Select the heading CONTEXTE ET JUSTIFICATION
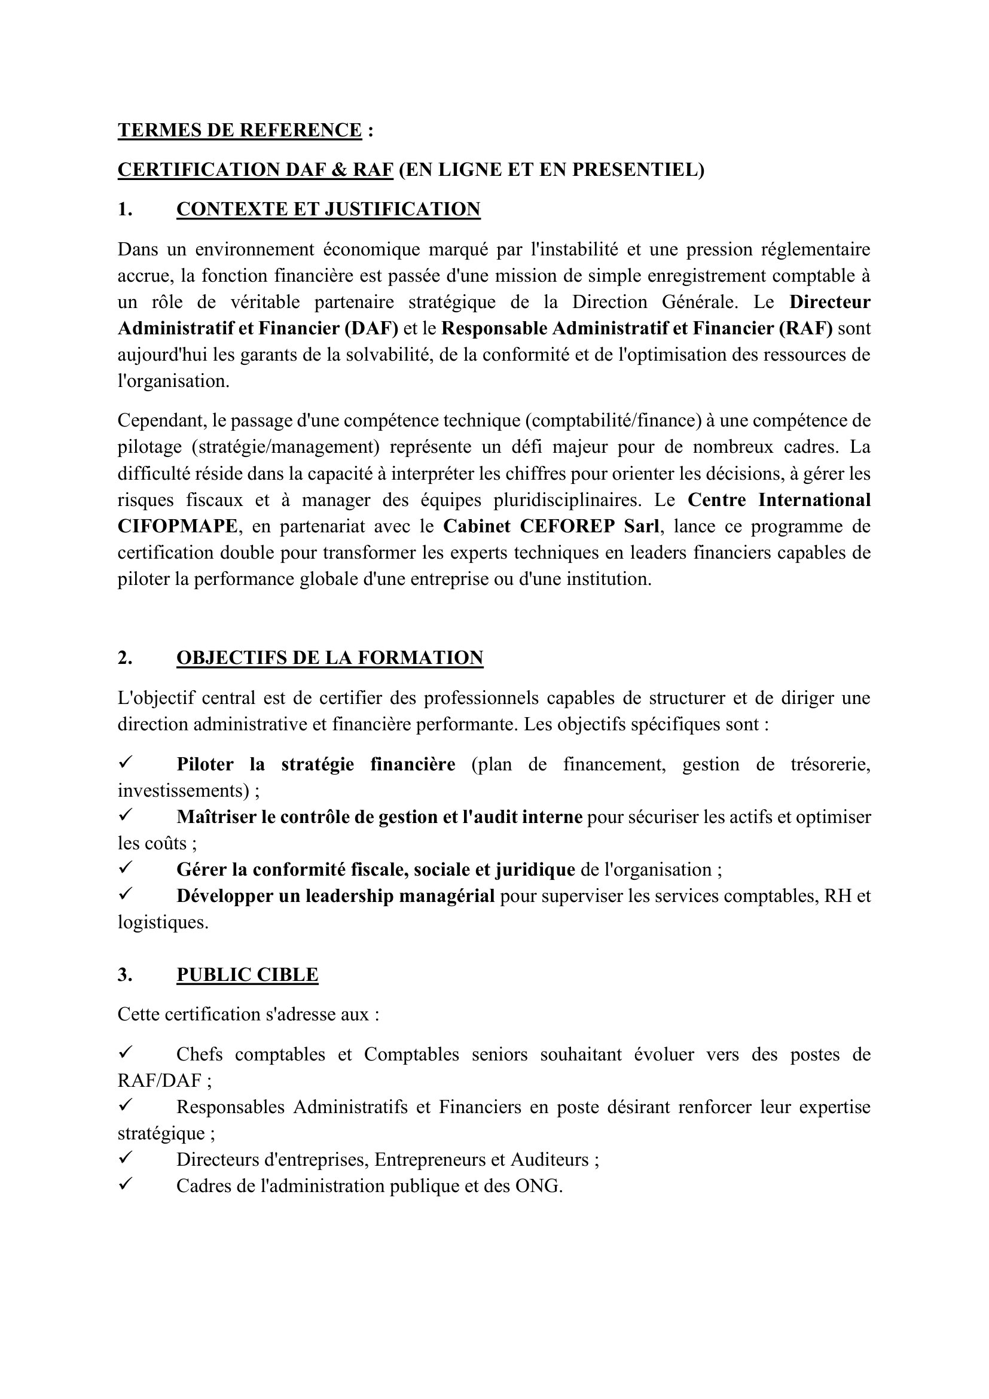328,209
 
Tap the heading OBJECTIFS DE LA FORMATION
329,658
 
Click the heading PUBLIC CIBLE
248,975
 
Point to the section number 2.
124,658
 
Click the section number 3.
124,975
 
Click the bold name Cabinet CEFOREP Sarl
552,526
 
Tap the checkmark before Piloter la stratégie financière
126,761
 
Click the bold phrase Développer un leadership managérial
335,897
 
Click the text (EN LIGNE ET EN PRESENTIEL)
551,169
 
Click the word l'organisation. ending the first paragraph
173,382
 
